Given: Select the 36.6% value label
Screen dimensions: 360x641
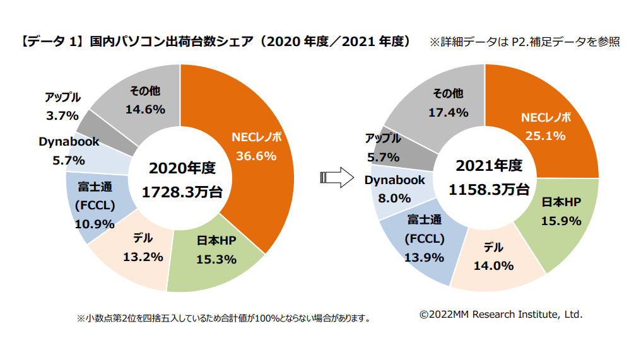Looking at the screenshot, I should click(x=256, y=156).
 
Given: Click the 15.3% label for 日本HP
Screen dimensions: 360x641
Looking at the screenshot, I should click(x=216, y=258).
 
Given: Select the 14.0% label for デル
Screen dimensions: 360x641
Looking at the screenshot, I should click(x=493, y=265).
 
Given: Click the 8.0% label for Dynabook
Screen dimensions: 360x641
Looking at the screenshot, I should click(x=395, y=198).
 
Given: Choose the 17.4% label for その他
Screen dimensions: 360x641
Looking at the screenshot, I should click(x=448, y=112).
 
